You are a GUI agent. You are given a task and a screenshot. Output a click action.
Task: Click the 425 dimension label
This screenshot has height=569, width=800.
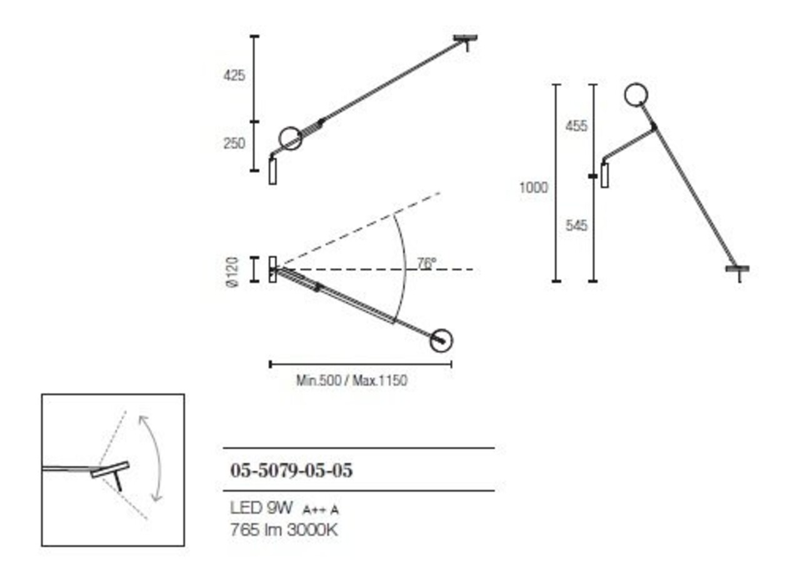[234, 76]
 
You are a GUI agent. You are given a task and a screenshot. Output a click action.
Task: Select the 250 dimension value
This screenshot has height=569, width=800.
[234, 144]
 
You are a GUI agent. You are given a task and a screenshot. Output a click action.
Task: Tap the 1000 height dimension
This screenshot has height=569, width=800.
[533, 187]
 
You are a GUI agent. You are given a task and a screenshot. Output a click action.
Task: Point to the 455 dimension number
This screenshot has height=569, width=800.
[576, 126]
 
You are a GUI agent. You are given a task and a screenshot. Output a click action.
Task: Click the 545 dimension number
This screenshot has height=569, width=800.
[576, 225]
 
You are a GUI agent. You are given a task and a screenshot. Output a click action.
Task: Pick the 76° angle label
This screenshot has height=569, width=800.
[426, 264]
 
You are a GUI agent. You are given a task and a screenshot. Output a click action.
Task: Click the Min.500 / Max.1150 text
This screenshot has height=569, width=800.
[352, 380]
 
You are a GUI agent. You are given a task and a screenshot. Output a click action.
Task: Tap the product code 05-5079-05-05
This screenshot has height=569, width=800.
[291, 470]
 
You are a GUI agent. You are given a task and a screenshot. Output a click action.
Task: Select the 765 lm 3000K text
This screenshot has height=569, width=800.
[284, 531]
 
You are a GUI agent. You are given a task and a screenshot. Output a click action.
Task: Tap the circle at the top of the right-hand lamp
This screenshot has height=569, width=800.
[636, 95]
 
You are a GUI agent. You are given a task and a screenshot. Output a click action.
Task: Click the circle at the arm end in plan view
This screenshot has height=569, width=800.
[441, 340]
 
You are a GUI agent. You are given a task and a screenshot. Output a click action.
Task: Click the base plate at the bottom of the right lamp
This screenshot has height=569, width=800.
[737, 270]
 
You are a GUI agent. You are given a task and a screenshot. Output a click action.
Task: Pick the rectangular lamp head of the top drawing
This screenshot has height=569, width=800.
[272, 171]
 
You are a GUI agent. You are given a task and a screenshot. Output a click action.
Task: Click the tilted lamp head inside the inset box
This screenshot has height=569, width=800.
[110, 470]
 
